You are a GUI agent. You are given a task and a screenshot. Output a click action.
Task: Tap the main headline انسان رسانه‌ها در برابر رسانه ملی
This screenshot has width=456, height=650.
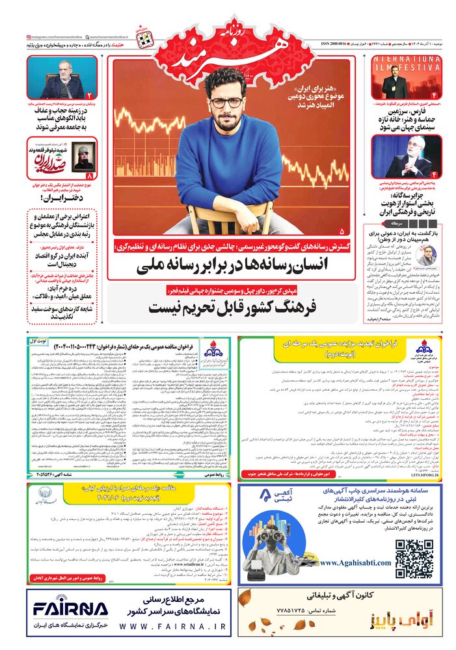(x=234, y=265)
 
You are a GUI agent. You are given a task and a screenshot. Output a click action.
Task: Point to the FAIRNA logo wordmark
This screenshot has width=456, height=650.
(x=71, y=609)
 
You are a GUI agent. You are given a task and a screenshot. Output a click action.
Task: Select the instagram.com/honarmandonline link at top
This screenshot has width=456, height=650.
(x=53, y=38)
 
